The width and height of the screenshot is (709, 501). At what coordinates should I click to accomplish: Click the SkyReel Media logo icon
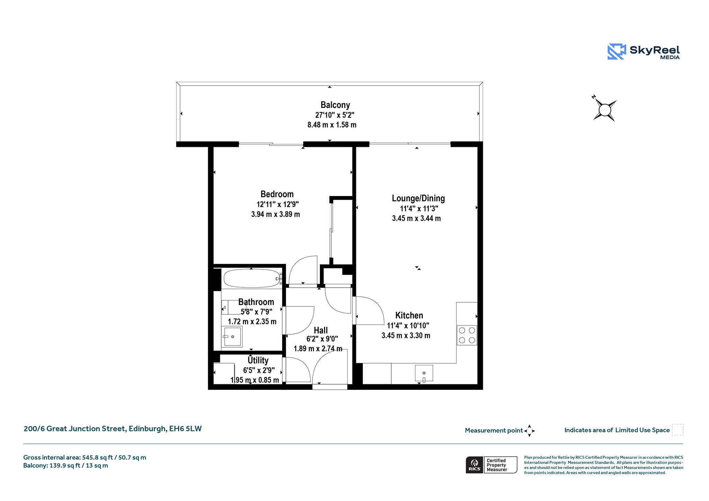617,52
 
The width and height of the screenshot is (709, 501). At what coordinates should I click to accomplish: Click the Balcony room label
335,105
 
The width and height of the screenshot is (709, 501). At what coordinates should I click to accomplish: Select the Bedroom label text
277,194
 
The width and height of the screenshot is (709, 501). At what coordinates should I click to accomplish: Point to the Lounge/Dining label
418,198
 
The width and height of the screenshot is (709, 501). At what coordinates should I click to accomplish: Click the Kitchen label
409,315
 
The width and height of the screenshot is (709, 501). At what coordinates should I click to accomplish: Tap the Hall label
321,330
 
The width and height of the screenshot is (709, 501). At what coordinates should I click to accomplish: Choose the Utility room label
258,360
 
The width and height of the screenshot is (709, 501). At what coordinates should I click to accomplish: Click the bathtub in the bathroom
252,278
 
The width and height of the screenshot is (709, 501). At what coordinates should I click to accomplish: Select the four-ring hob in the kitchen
467,335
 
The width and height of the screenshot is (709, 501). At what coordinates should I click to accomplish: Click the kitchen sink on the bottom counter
424,373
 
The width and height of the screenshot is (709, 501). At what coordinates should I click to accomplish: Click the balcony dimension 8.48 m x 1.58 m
332,125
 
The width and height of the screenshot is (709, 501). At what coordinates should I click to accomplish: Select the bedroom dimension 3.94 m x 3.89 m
276,214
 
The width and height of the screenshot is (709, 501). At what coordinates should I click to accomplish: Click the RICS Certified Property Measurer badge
491,465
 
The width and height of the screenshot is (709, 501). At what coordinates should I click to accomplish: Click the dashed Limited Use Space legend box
677,430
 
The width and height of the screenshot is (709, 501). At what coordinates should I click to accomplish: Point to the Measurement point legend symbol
529,431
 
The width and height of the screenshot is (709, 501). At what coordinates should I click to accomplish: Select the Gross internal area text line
85,457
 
